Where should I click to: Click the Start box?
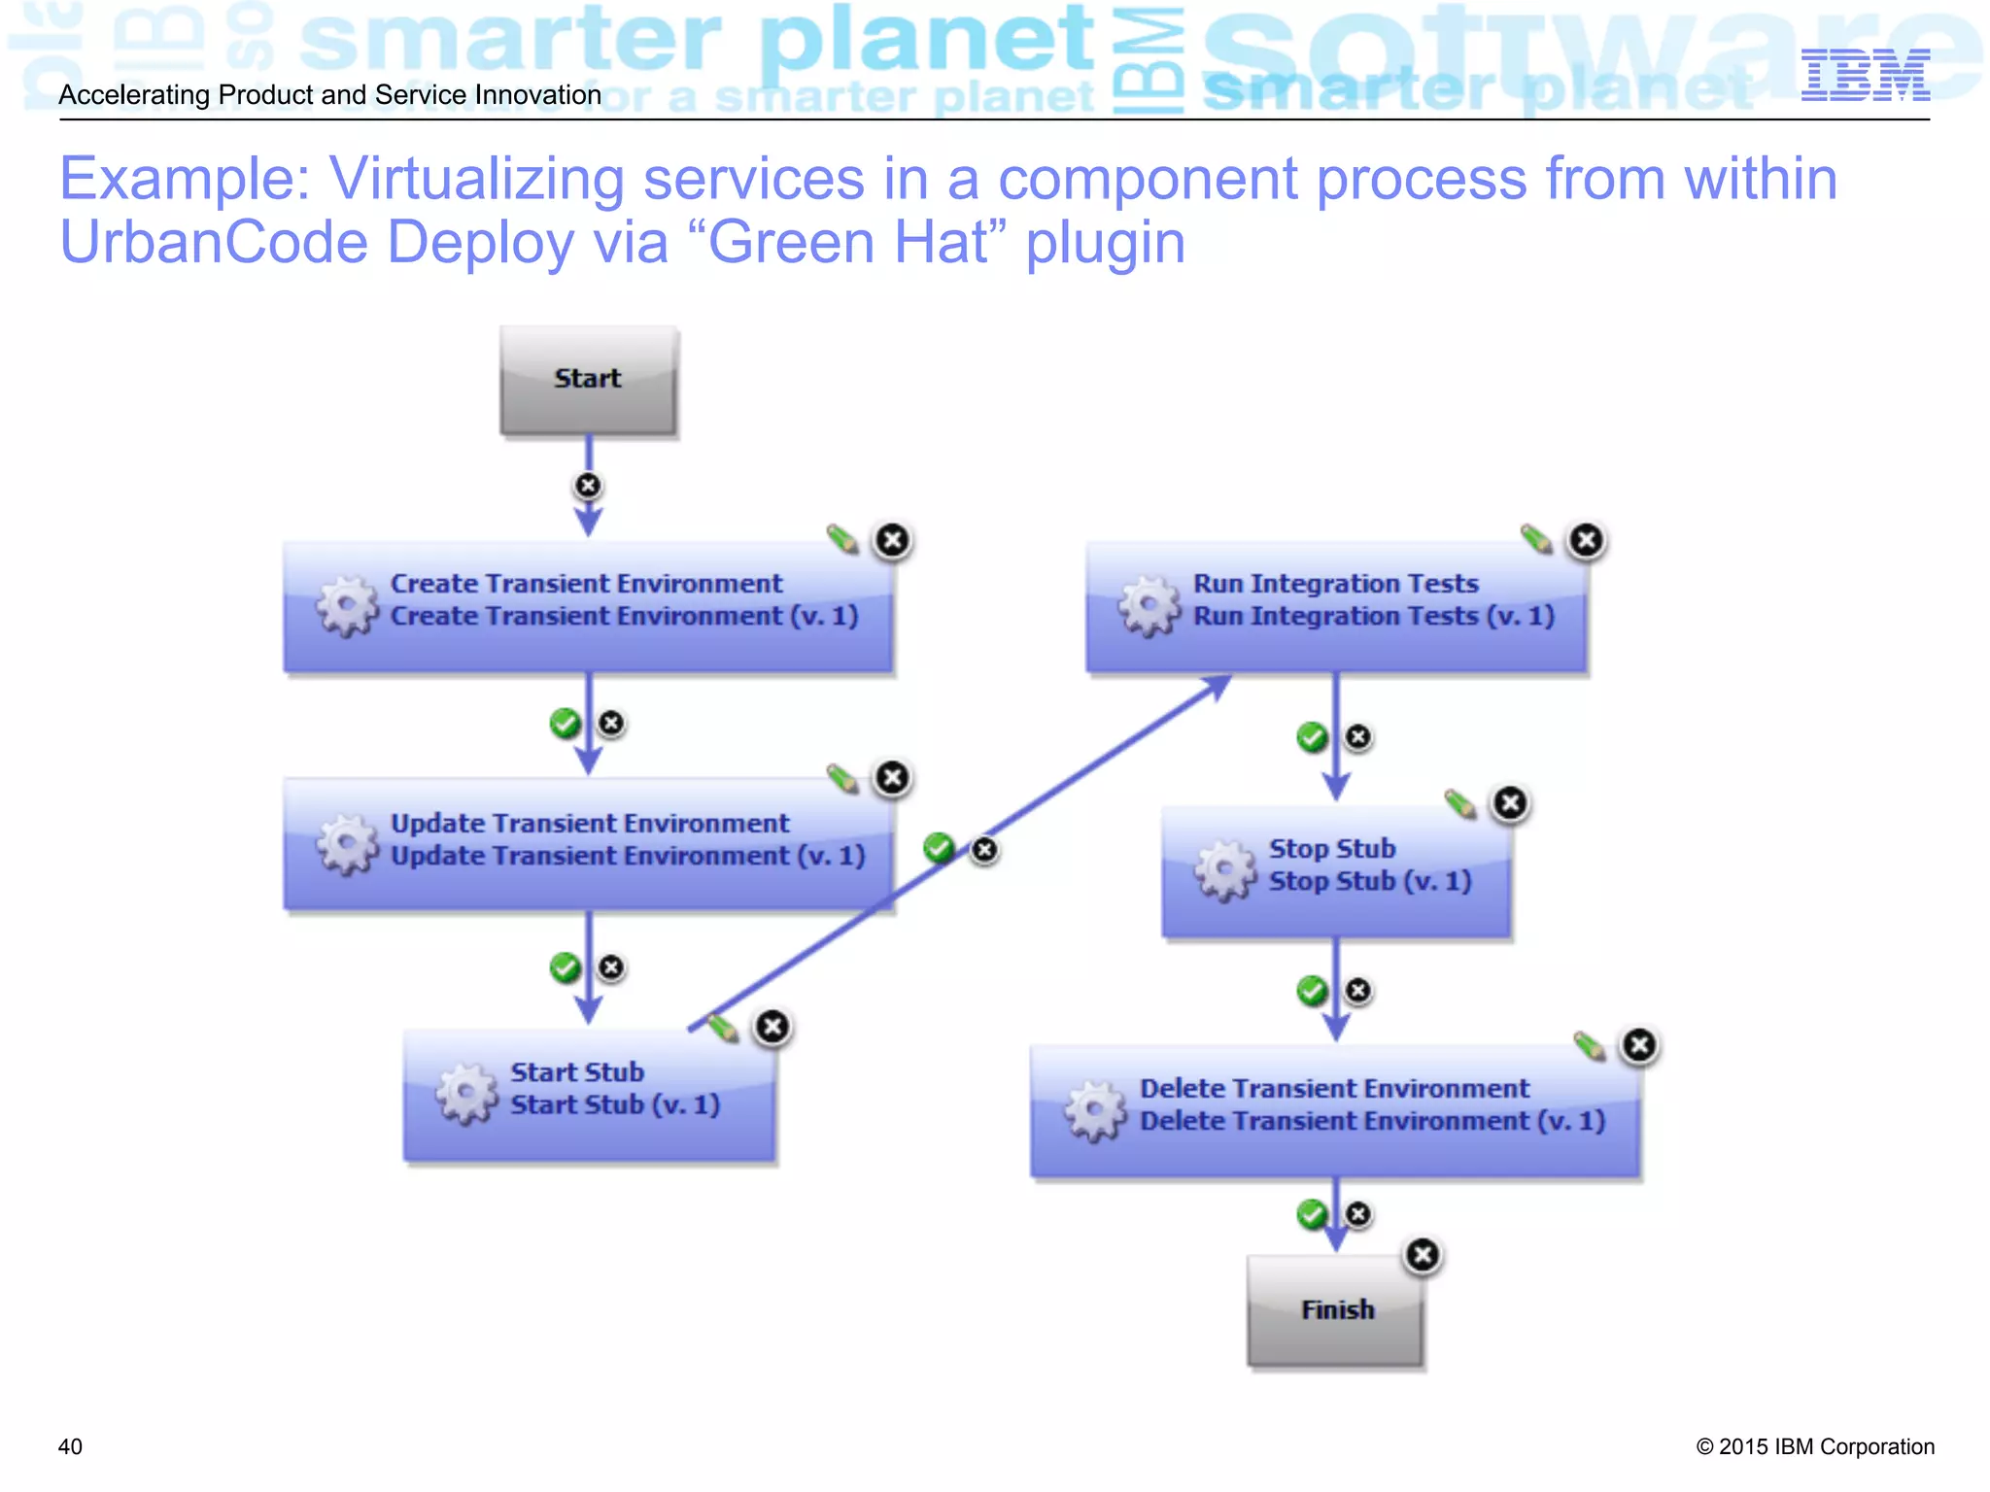(588, 380)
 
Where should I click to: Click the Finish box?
(1335, 1310)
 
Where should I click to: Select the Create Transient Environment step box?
(588, 607)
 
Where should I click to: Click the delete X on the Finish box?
(1423, 1255)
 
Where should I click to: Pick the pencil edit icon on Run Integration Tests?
(1535, 538)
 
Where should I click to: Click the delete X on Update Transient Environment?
(892, 778)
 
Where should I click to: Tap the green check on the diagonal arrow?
(939, 848)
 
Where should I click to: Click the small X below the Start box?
(588, 485)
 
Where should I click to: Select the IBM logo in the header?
(1865, 75)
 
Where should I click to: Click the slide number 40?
(70, 1446)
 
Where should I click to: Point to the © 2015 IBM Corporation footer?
(1814, 1446)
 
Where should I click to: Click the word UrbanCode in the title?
(213, 242)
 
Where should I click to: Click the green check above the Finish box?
(1312, 1214)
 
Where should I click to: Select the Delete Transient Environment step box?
(1335, 1112)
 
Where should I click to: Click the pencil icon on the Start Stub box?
(723, 1028)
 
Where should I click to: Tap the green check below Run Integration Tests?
(1312, 737)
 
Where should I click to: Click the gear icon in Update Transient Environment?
(347, 844)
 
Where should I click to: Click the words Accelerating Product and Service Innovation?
(330, 95)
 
